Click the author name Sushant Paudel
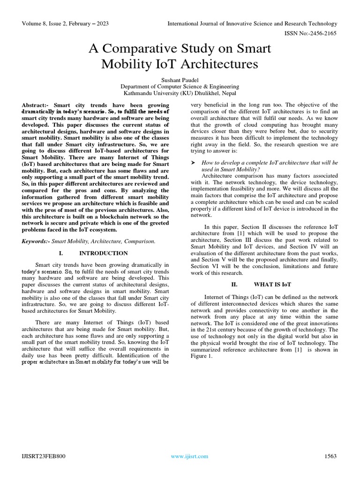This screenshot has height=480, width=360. point(180,80)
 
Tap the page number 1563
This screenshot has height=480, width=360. point(331,456)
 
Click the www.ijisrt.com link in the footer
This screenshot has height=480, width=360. point(189,456)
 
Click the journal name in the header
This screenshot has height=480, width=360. point(253,23)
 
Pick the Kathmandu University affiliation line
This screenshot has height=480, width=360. point(180,93)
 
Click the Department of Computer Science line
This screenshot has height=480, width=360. point(180,87)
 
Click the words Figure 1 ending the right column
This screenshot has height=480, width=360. point(202,356)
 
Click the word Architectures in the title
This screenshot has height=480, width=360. point(222,64)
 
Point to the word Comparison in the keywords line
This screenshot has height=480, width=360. point(138,241)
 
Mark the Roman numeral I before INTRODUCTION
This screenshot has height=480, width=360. point(61,253)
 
